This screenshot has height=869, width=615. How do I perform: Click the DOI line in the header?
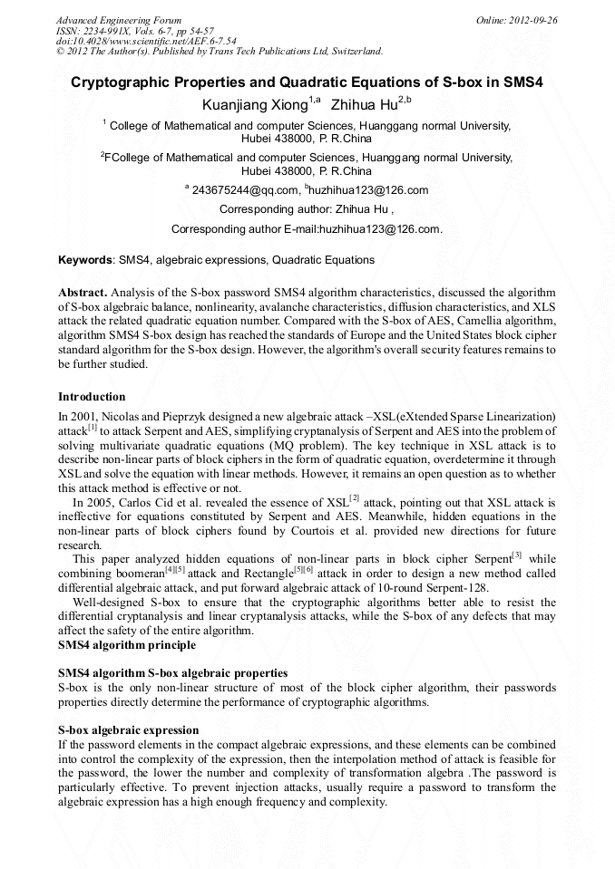146,41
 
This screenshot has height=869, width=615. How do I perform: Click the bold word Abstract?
83,293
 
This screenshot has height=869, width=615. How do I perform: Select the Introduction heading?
92,397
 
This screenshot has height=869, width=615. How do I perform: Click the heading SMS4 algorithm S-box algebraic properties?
172,673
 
